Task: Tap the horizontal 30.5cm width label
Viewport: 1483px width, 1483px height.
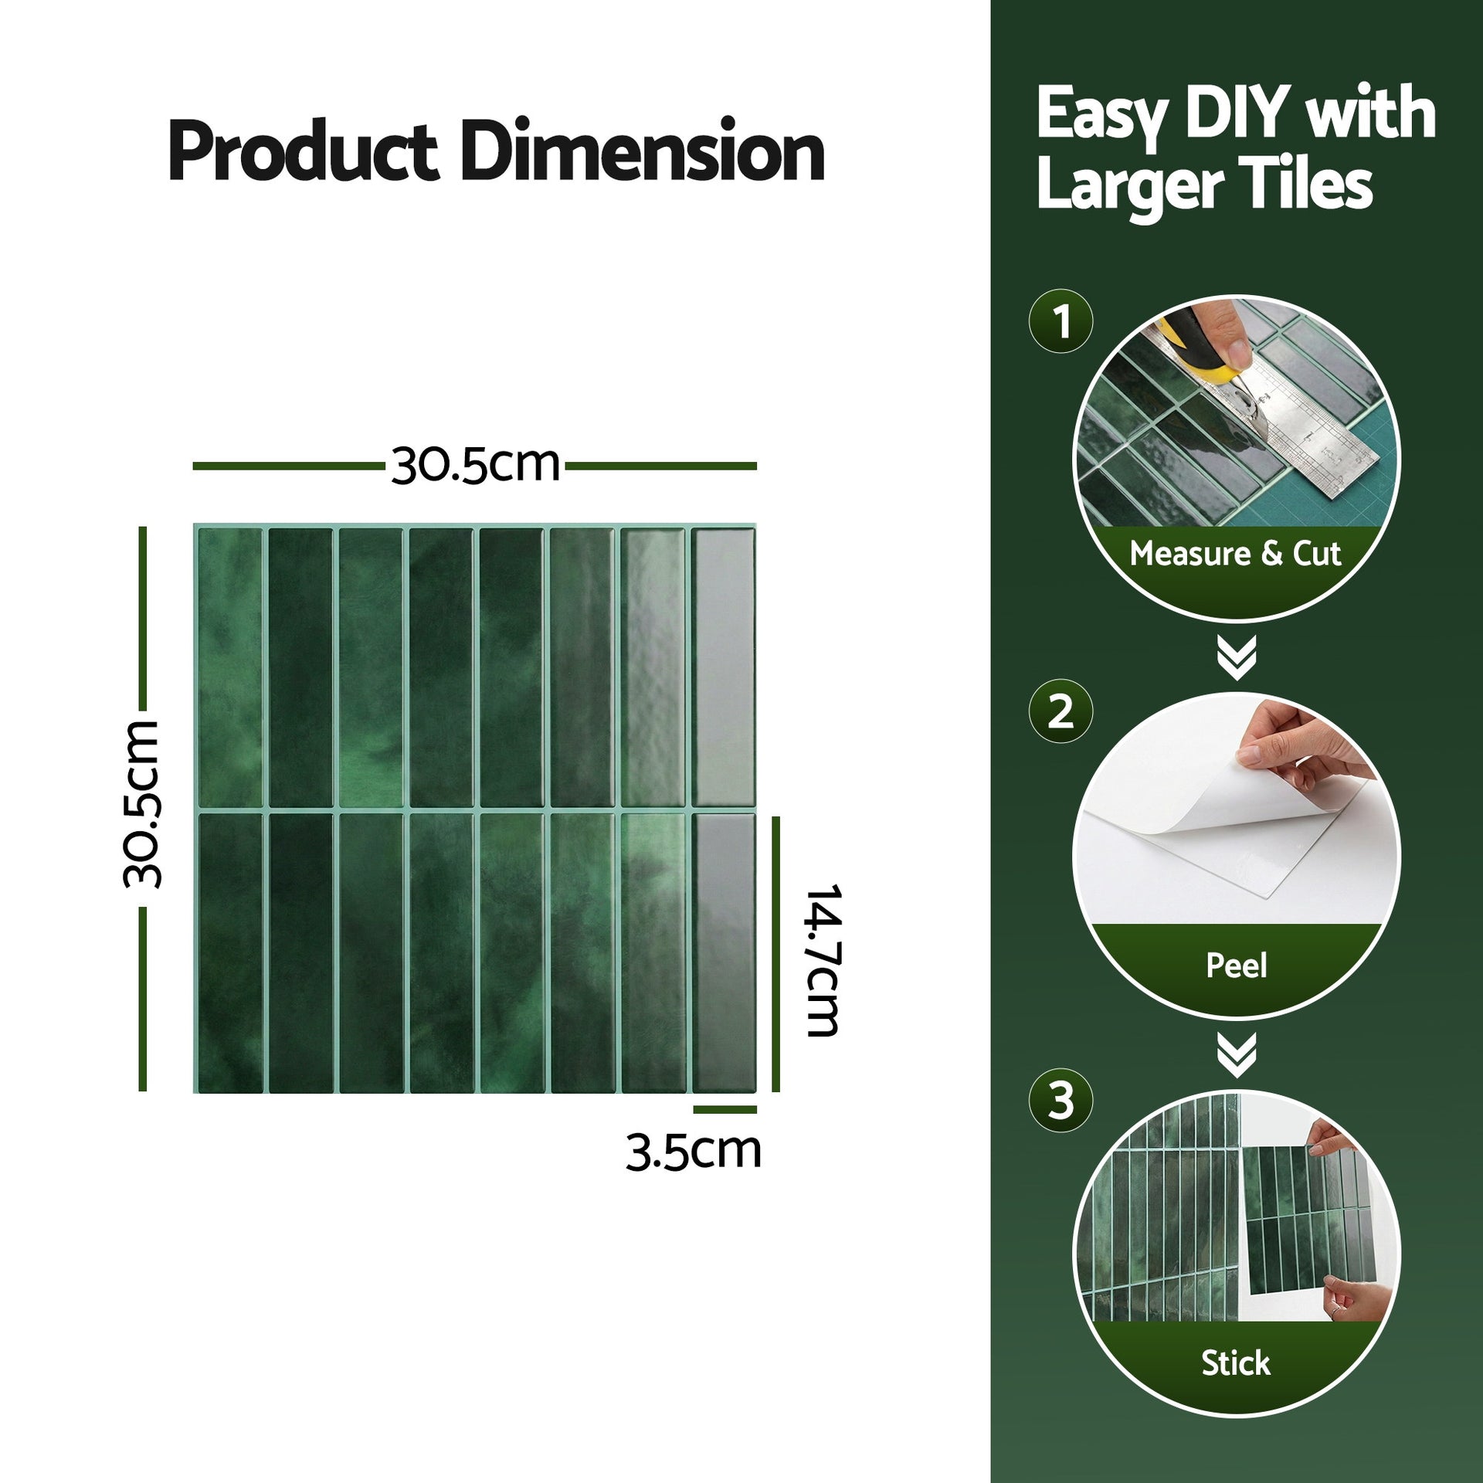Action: click(x=475, y=466)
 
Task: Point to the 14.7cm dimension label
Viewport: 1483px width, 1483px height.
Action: click(x=822, y=960)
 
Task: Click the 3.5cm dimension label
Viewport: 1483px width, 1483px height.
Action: click(x=693, y=1152)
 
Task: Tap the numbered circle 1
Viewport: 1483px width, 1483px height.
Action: click(x=1061, y=321)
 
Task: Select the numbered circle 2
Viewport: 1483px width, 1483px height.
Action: click(x=1061, y=712)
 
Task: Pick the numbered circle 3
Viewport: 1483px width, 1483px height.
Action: click(x=1061, y=1101)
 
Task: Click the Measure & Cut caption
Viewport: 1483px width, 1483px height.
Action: click(x=1235, y=554)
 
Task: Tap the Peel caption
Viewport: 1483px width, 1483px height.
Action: click(x=1237, y=965)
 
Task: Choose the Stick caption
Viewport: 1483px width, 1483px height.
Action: click(x=1235, y=1363)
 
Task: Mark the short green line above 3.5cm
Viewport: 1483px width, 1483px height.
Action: click(x=725, y=1110)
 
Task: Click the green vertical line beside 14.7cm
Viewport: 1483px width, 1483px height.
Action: click(x=775, y=954)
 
